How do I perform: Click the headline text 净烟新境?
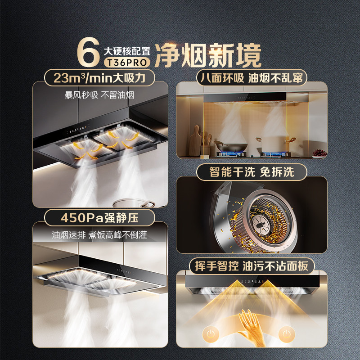pos(208,55)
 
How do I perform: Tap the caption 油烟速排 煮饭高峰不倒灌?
pos(99,234)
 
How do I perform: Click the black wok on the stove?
pos(231,147)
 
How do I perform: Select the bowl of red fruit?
pos(319,153)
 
